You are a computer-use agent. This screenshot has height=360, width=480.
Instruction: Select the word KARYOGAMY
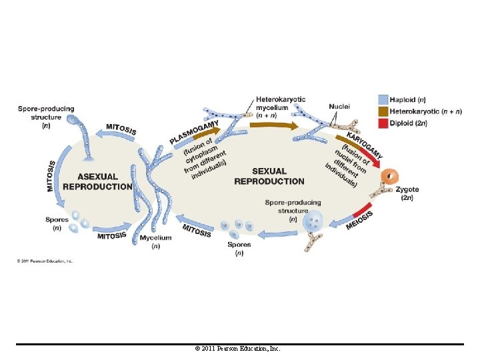(x=365, y=144)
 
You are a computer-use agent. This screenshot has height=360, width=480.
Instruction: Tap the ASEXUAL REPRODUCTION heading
(x=97, y=181)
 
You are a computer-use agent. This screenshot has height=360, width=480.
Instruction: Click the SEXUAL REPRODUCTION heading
(x=269, y=176)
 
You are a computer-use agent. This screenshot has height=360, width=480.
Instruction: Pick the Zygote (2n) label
(x=407, y=193)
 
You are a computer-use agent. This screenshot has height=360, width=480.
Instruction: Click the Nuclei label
(x=339, y=107)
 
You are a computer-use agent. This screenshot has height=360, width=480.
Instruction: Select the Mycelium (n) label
(x=155, y=241)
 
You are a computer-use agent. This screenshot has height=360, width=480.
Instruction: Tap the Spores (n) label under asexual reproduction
(x=56, y=223)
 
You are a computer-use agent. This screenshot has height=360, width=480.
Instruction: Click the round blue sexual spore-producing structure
(x=312, y=222)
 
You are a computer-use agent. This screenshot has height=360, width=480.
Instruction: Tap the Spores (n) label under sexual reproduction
(x=239, y=249)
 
